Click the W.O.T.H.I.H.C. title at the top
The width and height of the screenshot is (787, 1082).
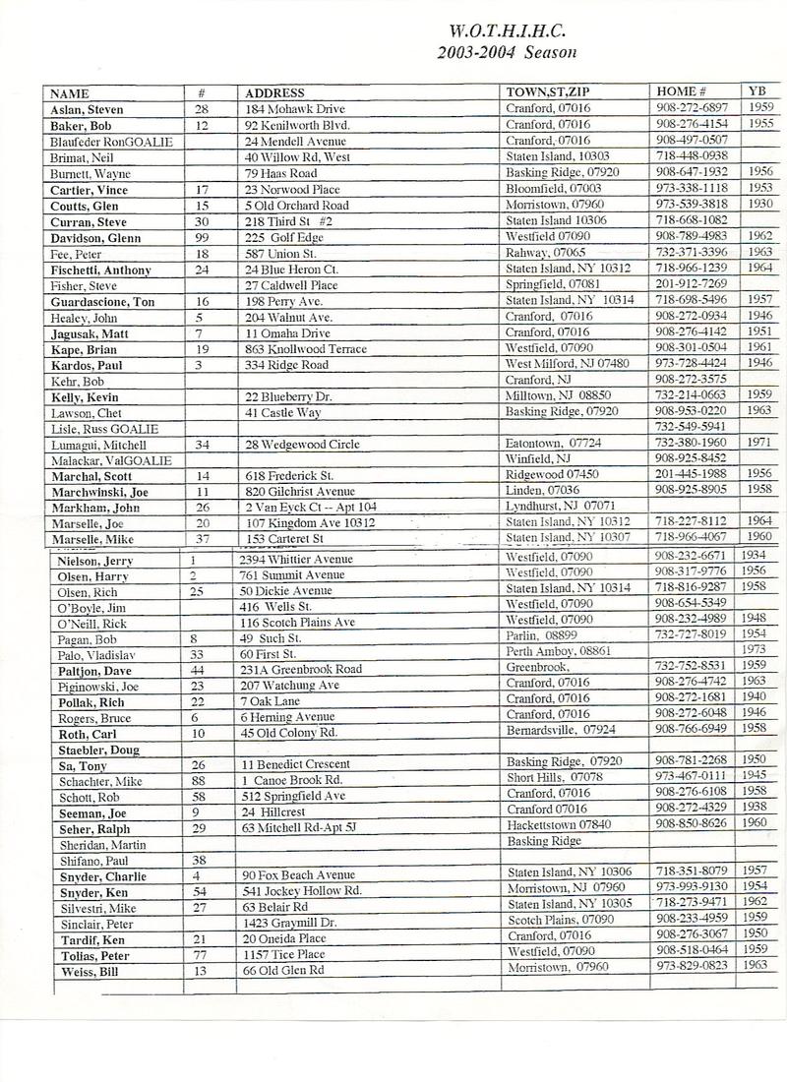coord(507,30)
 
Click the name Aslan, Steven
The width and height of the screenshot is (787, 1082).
coord(88,109)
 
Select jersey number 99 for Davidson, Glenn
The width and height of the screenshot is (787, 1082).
coord(204,236)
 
